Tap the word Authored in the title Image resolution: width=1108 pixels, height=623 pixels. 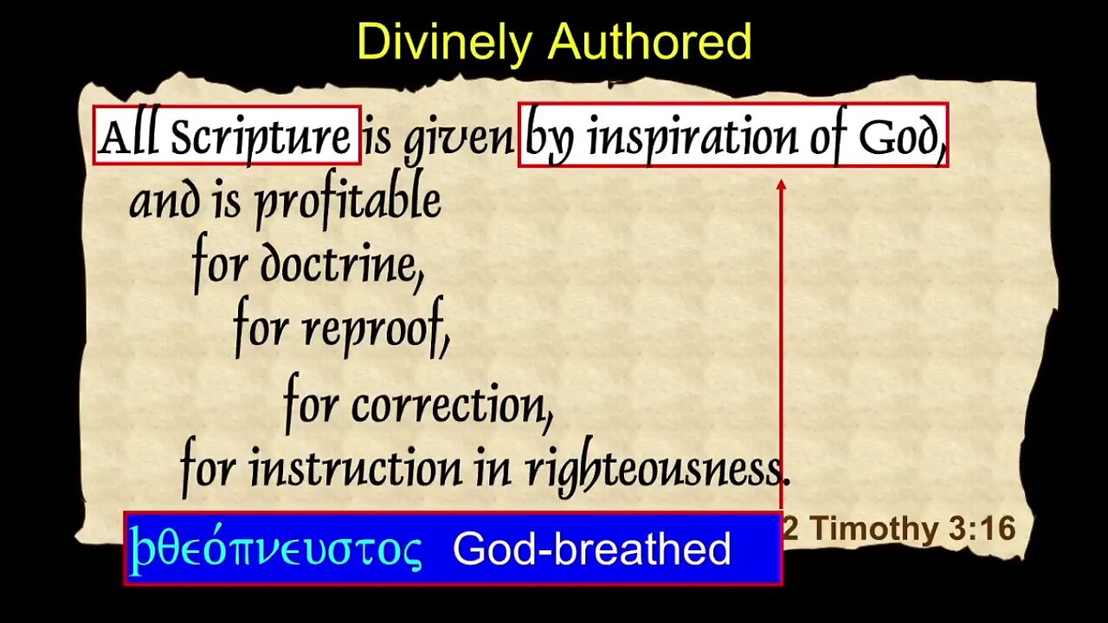tap(649, 42)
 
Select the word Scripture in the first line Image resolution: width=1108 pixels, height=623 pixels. tap(260, 137)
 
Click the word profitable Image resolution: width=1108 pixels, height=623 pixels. tap(348, 202)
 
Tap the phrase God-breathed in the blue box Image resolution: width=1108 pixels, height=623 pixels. tap(591, 548)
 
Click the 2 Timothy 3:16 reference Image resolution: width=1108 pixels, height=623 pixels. tap(899, 528)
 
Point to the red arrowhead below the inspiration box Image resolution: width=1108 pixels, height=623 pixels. tap(782, 185)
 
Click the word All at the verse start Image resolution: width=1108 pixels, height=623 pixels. tap(127, 136)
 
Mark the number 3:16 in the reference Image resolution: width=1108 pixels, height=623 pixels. tap(982, 528)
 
